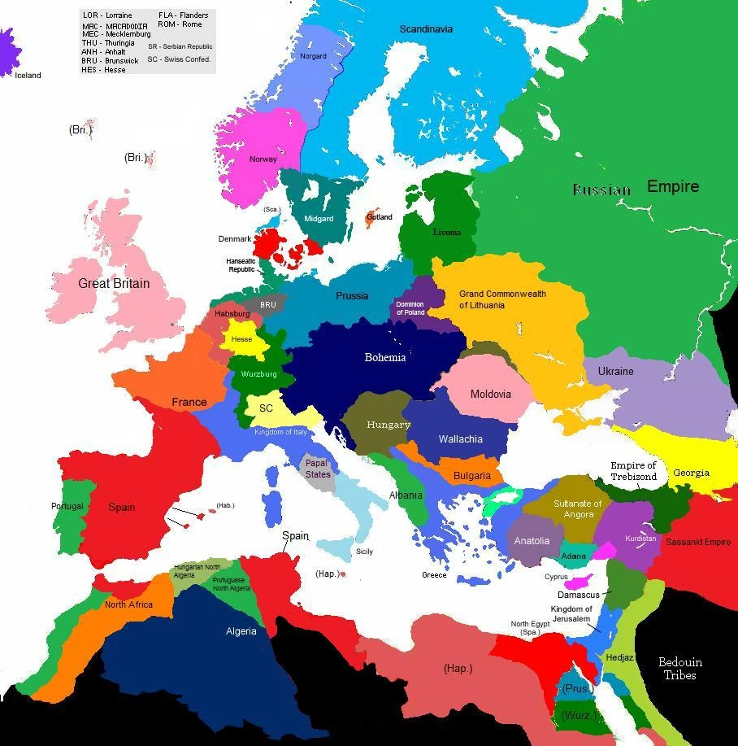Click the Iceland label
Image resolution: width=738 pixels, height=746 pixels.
tap(28, 75)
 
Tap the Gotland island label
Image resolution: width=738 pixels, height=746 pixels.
tap(380, 217)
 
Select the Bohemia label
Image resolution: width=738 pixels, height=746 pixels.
tap(385, 357)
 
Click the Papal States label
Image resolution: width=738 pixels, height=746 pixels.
tap(318, 469)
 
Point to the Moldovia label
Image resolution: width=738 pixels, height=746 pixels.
tap(491, 394)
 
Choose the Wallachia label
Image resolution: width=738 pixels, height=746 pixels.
tap(461, 438)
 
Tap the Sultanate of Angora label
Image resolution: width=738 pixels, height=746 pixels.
tap(578, 508)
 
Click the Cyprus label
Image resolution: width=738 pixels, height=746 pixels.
tap(556, 577)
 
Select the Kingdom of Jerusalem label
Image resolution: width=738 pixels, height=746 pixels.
tap(571, 614)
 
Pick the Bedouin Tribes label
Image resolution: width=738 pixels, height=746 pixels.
tap(679, 668)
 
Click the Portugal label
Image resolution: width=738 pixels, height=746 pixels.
tap(67, 506)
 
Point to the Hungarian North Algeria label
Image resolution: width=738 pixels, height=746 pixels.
tap(196, 571)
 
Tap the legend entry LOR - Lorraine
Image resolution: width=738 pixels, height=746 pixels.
tap(107, 15)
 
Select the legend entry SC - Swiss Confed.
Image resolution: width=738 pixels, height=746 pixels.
tap(179, 59)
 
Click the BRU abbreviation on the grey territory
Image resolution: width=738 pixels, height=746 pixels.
tap(268, 305)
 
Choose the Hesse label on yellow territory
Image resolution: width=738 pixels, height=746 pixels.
tap(241, 339)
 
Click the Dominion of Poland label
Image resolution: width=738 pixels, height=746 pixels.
tap(410, 308)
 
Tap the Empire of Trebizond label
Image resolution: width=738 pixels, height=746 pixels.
tap(633, 471)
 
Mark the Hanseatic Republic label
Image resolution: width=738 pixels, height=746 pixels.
tap(241, 265)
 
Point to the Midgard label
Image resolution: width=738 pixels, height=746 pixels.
tap(319, 219)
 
